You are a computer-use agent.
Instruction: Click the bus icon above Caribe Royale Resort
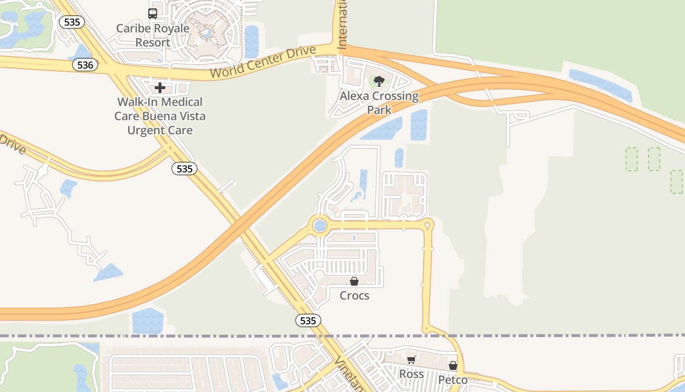(x=153, y=13)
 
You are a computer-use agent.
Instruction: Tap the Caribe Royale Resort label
(x=153, y=35)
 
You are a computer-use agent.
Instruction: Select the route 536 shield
(x=85, y=65)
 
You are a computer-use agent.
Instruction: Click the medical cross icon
(x=160, y=88)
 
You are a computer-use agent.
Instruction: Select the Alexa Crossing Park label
(x=379, y=102)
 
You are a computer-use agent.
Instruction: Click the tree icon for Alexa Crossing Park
(x=379, y=81)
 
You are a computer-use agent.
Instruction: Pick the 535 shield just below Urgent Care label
(x=184, y=169)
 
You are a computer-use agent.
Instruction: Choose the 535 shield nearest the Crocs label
(x=308, y=320)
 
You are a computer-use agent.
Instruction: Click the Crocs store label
(x=354, y=295)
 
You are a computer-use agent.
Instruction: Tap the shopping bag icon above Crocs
(x=354, y=281)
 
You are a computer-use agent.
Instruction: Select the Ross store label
(x=411, y=374)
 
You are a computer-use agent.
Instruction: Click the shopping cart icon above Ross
(x=411, y=360)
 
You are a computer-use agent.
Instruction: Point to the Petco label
(x=453, y=380)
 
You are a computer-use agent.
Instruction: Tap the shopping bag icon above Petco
(x=453, y=366)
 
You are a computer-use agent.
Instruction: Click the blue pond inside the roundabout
(x=320, y=226)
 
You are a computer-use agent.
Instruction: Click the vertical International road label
(x=342, y=24)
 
